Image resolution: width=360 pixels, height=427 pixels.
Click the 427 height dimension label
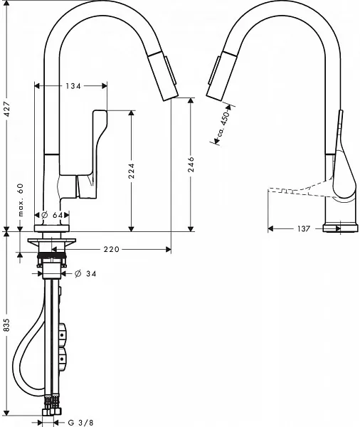[7, 109]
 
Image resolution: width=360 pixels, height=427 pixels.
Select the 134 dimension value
[73, 86]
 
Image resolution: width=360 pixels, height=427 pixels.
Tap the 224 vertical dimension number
[132, 171]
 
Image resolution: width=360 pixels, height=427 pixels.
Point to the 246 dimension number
[191, 164]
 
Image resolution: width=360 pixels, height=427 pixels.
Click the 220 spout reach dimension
[112, 249]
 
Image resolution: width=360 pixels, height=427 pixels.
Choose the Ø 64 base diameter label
[52, 215]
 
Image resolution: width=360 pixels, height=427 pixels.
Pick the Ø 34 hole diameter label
[85, 273]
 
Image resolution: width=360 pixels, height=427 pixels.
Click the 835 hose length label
[6, 325]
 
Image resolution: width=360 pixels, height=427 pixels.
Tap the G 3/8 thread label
[80, 422]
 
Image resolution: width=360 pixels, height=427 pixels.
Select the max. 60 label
[21, 200]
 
